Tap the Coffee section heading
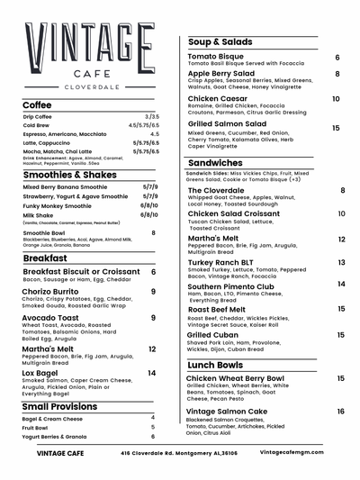click(37, 104)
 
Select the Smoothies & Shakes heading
click(69, 175)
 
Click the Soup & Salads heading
click(220, 42)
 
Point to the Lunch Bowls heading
click(215, 365)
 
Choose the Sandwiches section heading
click(215, 162)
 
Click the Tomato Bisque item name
click(216, 57)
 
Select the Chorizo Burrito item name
click(52, 292)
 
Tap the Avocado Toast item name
click(50, 318)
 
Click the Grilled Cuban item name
click(212, 334)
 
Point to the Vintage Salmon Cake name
click(227, 411)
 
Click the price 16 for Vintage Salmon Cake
click(341, 412)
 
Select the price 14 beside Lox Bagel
click(152, 373)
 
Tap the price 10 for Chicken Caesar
click(336, 99)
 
